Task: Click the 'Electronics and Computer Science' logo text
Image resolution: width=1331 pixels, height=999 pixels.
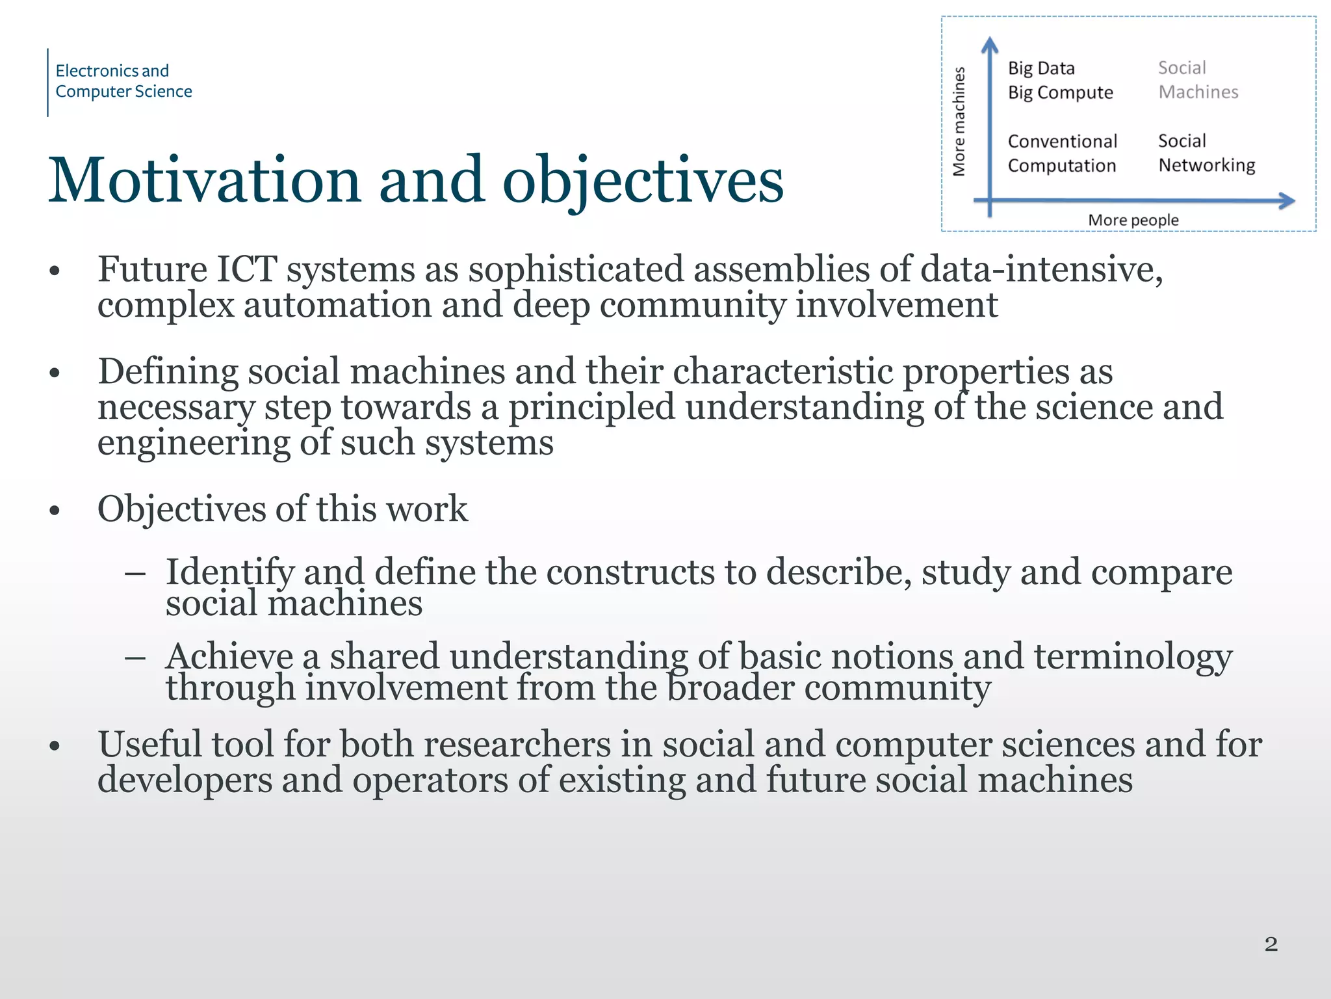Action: coord(123,81)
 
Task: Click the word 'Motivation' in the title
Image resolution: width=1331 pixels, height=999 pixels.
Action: coord(204,180)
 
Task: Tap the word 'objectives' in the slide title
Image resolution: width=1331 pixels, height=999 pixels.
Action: coord(643,180)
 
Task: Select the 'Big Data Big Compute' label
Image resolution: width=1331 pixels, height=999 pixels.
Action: coord(1060,81)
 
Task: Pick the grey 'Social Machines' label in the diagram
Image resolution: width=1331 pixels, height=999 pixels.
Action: coord(1198,80)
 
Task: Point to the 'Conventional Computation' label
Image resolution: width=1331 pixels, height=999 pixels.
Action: coord(1062,153)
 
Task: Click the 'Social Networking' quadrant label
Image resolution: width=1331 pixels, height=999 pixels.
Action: coord(1206,153)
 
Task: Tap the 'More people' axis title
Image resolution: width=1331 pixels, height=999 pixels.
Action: coord(1133,220)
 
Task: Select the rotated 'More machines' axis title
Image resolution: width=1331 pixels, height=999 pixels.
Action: coord(959,122)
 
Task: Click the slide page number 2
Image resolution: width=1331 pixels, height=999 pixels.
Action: coord(1271,944)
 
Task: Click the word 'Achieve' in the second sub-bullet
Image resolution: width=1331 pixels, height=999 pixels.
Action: coord(229,656)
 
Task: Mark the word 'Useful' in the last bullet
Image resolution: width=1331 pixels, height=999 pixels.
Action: coord(149,744)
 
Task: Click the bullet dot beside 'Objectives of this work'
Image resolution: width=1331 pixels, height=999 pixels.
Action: coord(55,511)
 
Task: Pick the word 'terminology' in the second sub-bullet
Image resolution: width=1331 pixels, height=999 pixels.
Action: coord(1133,656)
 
